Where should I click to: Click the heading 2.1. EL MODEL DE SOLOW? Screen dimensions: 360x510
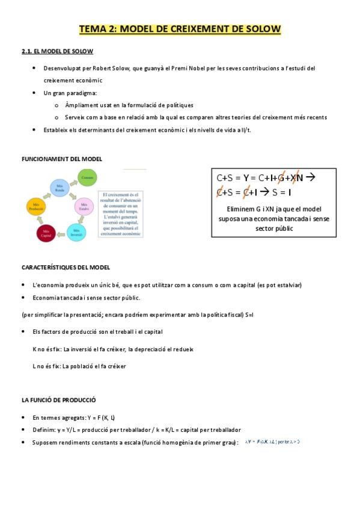52,52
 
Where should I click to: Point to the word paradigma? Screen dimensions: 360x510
83,93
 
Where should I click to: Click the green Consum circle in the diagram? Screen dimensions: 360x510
88,177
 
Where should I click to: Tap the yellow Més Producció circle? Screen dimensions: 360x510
35,207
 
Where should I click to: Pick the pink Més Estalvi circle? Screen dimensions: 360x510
83,206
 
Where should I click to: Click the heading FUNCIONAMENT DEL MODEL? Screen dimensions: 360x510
61,159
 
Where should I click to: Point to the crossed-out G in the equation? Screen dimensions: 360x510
281,177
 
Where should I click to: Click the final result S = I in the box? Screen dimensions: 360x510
281,192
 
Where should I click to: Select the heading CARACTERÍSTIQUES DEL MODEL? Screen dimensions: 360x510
65,267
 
